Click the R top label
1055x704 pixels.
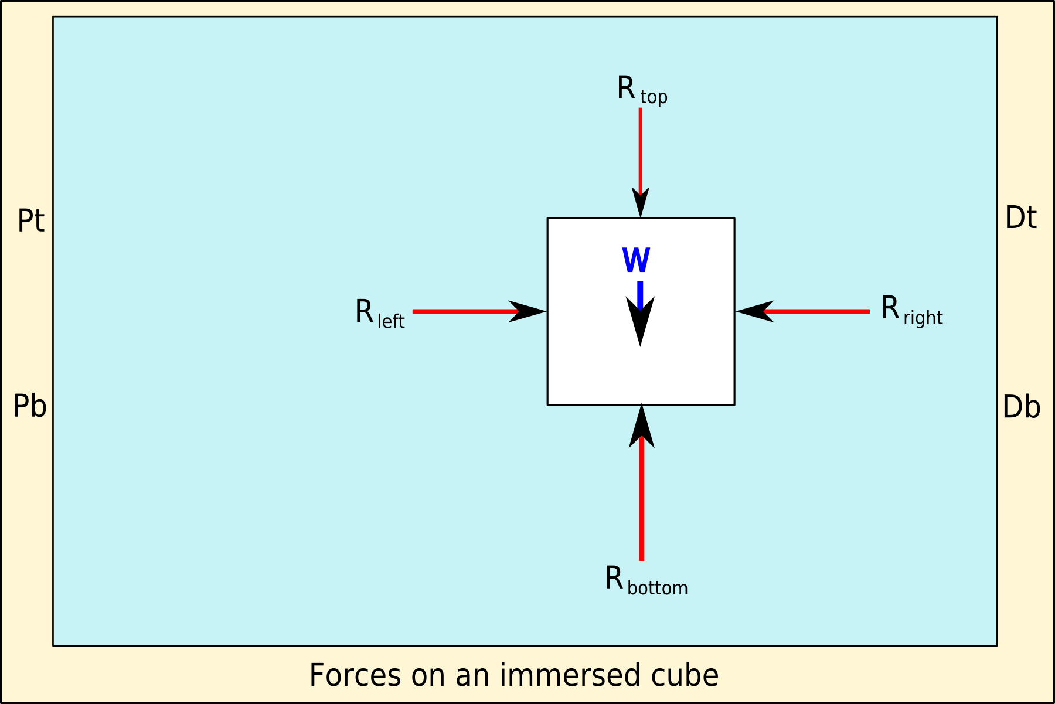click(641, 90)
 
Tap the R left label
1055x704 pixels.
click(379, 313)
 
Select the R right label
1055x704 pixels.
click(911, 310)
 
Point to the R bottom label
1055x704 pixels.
click(646, 580)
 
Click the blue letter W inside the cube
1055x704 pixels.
click(636, 260)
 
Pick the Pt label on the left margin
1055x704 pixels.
click(31, 221)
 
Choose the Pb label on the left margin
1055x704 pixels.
click(30, 406)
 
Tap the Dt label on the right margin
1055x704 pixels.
click(1020, 217)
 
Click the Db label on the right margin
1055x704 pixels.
click(1021, 407)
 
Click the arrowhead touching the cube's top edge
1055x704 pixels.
click(641, 203)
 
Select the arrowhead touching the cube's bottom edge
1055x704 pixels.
click(642, 425)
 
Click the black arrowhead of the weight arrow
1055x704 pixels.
click(641, 321)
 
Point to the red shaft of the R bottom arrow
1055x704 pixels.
click(642, 504)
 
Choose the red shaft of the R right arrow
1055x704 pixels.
click(821, 311)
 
